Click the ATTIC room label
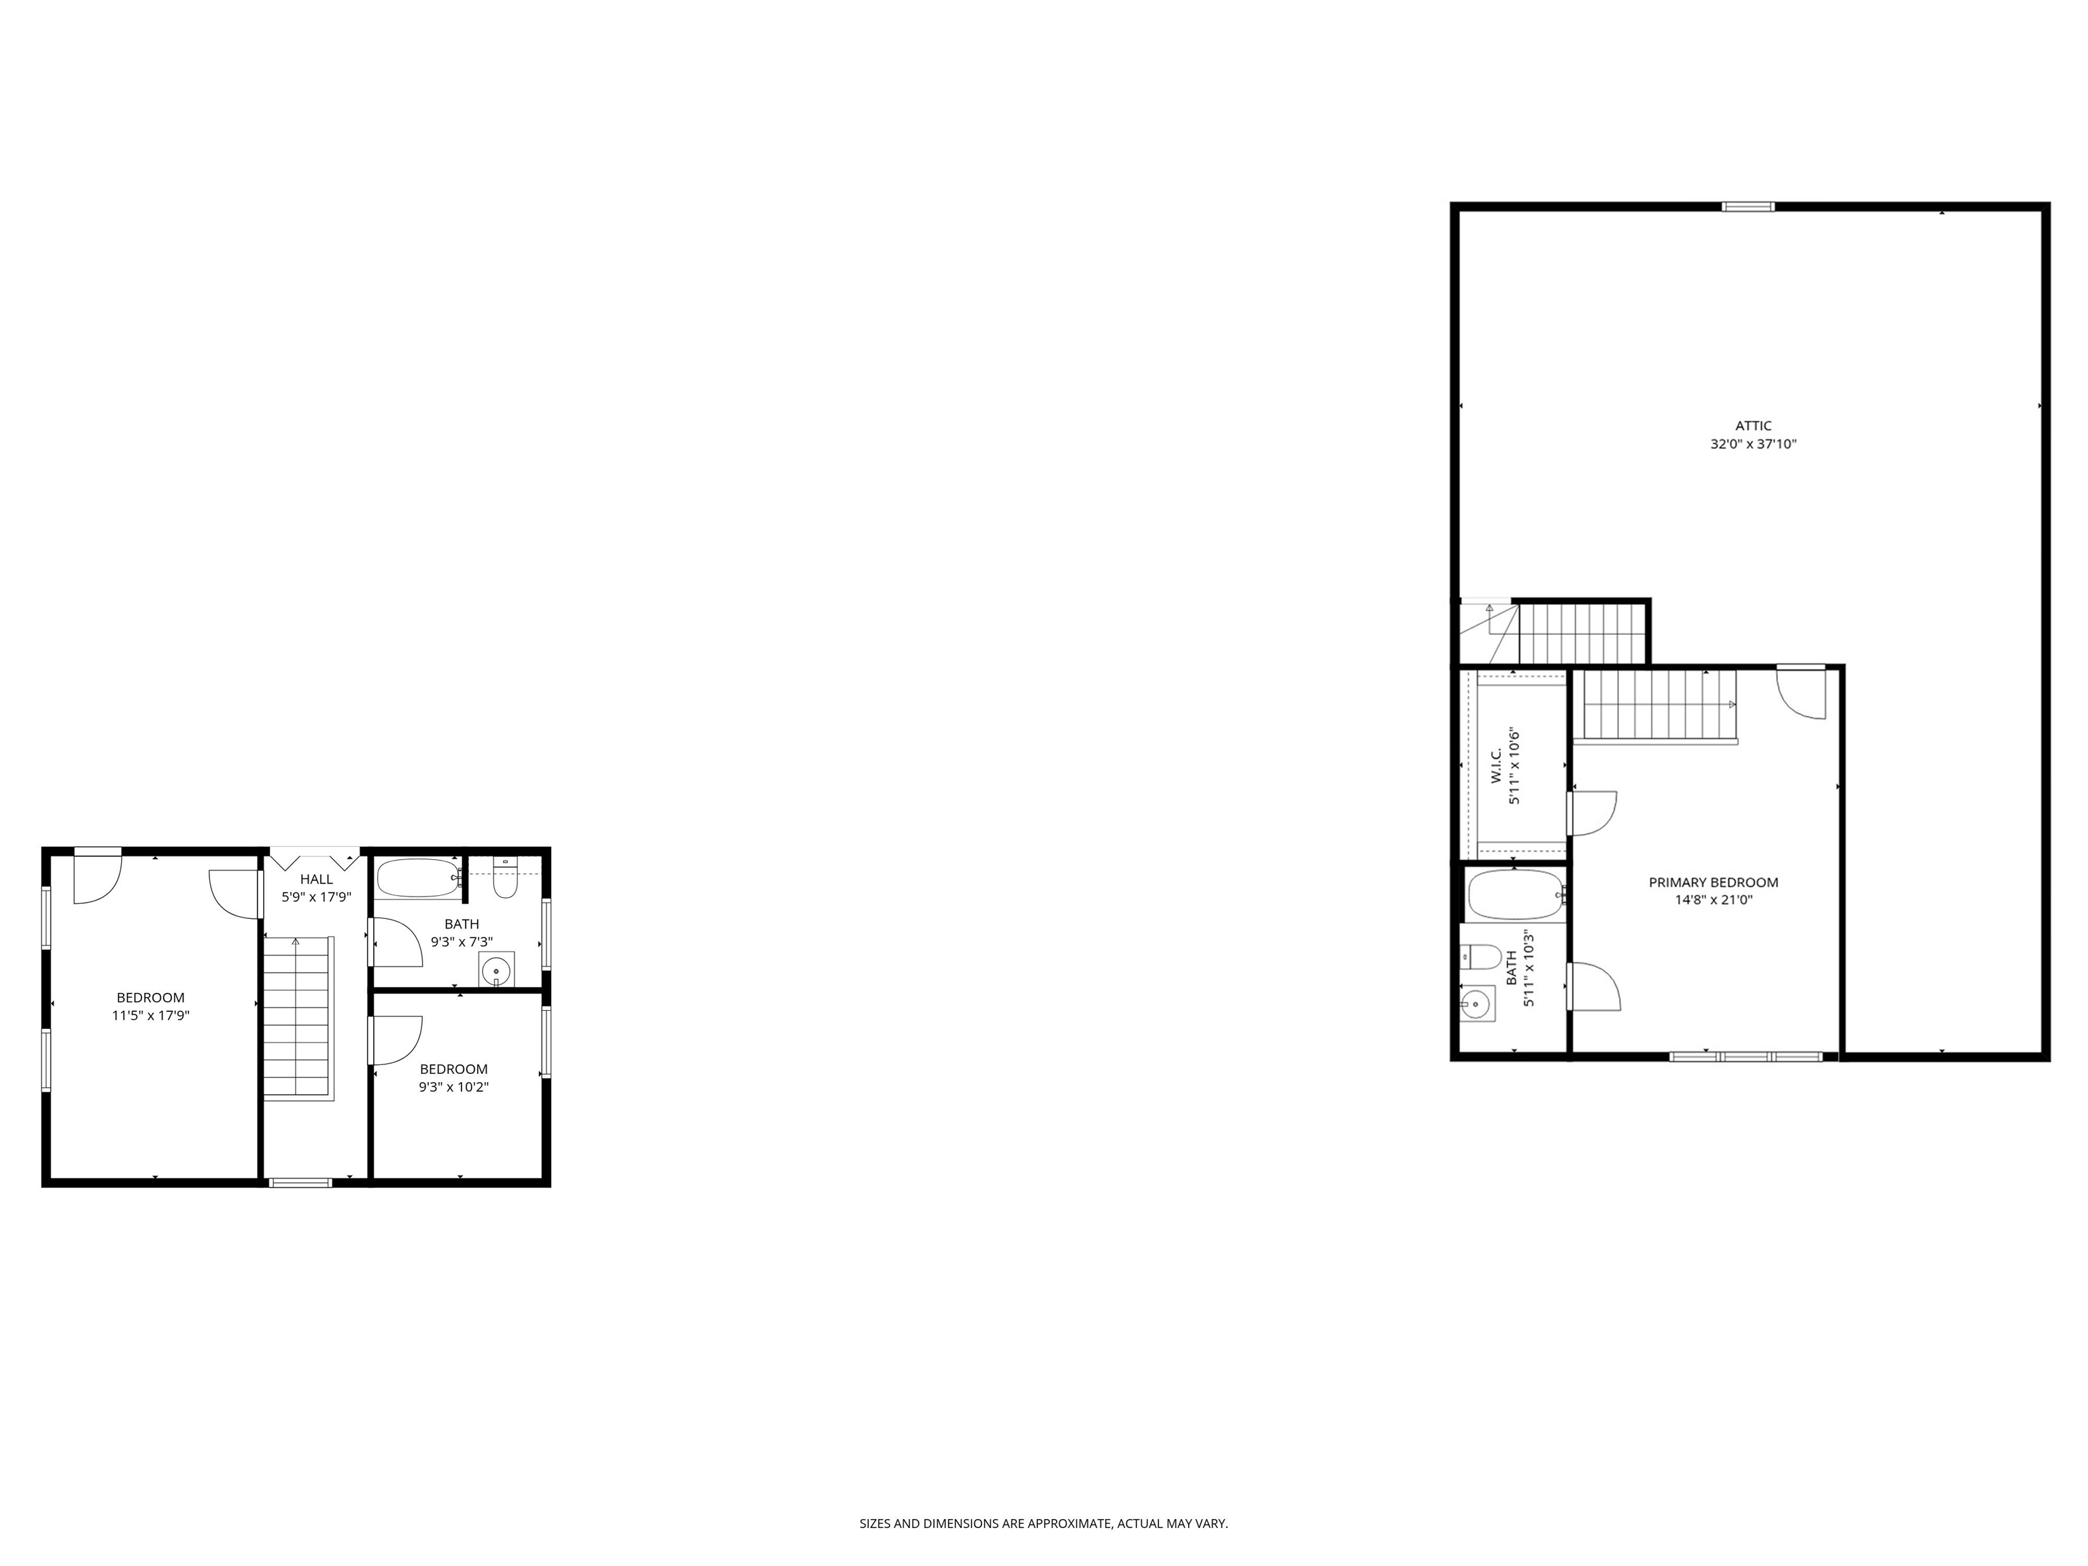tap(1753, 425)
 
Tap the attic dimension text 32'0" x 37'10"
tap(1753, 444)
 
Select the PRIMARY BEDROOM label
tap(1713, 883)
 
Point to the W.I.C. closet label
tap(1496, 765)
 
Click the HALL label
tap(316, 879)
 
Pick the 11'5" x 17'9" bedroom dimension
tap(151, 1015)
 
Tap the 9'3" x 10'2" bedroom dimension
tap(454, 1086)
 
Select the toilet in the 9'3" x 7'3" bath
tap(506, 879)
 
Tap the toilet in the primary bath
tap(1480, 957)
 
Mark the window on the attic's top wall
tap(1747, 207)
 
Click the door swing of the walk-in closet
tap(1593, 813)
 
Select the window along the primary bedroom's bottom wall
tap(1746, 1056)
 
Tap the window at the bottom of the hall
tap(300, 1182)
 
